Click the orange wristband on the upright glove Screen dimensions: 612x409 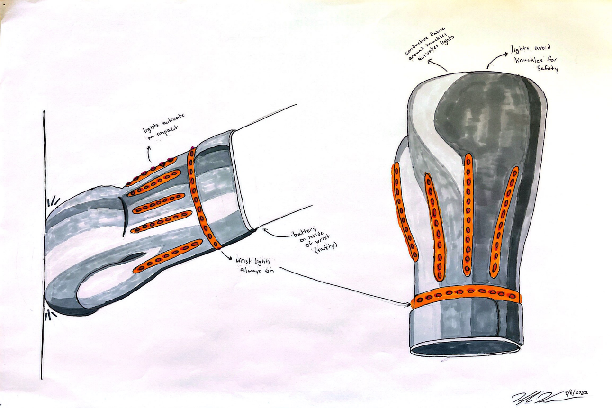pyautogui.click(x=467, y=296)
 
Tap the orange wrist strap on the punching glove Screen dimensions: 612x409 pyautogui.click(x=200, y=199)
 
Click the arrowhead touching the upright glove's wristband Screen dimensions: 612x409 pyautogui.click(x=407, y=304)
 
